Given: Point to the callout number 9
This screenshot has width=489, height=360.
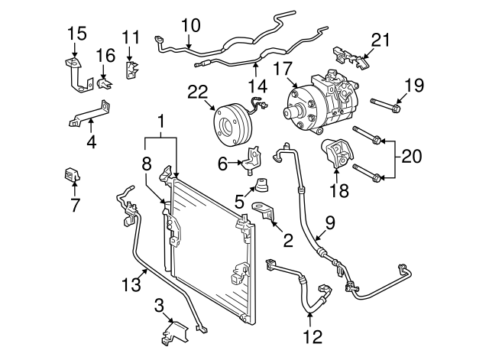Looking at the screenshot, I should [330, 223].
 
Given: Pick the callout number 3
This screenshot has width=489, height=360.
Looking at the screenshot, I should [158, 306].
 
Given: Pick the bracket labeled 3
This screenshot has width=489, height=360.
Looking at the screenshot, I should [177, 333].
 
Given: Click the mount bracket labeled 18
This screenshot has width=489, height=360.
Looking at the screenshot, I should [336, 157].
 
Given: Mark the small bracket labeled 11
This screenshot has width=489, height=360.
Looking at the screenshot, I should [131, 69].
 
